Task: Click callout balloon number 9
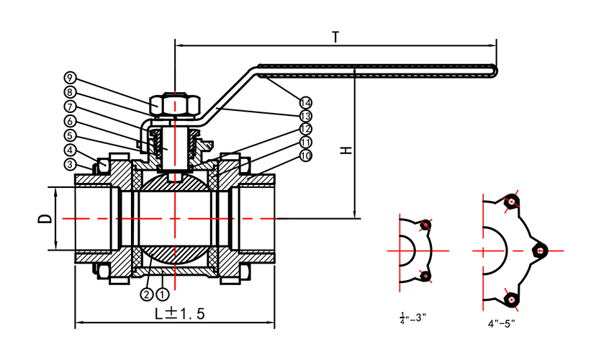70,77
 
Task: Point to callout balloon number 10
306,156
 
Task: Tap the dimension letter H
346,151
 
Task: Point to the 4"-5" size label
502,323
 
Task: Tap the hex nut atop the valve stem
174,105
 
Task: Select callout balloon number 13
306,115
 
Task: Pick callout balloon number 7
70,107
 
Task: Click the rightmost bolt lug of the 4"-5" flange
539,249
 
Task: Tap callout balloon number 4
70,150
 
